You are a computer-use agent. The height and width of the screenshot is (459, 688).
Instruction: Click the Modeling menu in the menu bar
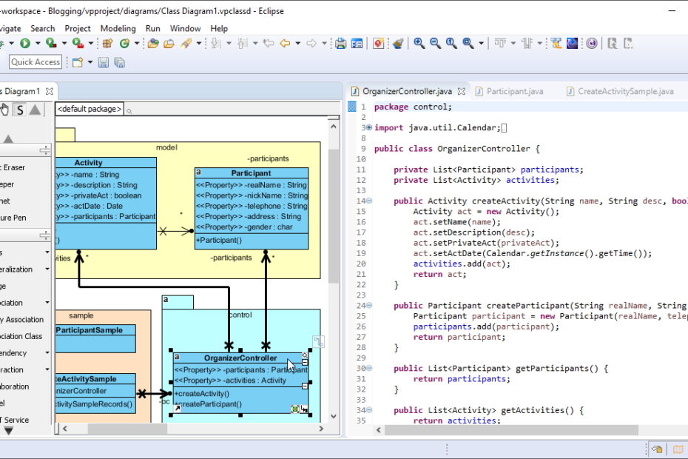click(118, 28)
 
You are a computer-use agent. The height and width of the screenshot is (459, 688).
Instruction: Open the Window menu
click(185, 28)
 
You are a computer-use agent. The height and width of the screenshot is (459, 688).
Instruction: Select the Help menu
click(219, 28)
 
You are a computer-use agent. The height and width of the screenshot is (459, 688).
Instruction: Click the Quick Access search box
click(36, 62)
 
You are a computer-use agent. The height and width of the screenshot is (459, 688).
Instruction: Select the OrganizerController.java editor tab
click(407, 92)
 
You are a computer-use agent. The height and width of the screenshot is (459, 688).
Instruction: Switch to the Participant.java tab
click(515, 92)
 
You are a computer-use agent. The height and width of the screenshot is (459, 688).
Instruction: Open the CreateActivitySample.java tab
click(625, 92)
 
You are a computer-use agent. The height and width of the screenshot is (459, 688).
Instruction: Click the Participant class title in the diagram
click(251, 173)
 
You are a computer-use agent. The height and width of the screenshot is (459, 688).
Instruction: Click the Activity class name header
click(89, 163)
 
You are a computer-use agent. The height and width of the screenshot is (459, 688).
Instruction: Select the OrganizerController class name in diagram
click(240, 358)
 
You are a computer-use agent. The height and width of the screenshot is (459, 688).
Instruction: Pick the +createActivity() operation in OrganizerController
click(202, 394)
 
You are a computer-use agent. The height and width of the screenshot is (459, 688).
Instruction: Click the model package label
click(166, 147)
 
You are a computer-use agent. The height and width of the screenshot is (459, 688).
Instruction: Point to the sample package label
click(81, 315)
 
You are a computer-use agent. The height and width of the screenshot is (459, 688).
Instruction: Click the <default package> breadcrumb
click(90, 110)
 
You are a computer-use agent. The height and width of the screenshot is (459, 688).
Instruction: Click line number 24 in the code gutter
click(361, 305)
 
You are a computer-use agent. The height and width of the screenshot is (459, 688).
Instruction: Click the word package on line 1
click(391, 107)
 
